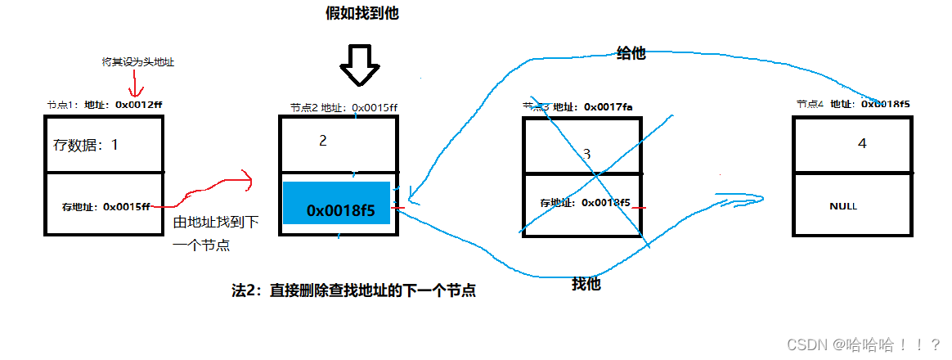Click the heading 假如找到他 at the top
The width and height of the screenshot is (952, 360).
pos(361,14)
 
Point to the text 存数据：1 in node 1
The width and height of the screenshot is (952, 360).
pos(86,145)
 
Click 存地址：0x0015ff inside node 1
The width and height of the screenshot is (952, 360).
pos(106,206)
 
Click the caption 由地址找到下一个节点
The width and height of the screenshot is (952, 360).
pos(215,233)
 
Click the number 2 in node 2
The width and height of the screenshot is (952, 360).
pos(323,141)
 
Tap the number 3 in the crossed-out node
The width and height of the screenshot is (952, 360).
pos(586,154)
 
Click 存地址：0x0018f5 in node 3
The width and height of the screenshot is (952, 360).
pos(585,202)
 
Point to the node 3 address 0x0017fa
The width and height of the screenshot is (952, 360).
pos(604,106)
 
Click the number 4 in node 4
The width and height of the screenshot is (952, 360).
pos(861,144)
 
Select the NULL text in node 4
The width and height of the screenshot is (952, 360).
pos(843,206)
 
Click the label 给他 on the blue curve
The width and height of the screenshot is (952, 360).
pos(630,53)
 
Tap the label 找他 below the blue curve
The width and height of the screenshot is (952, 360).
pos(586,285)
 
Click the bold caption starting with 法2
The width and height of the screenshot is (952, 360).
pos(354,290)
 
